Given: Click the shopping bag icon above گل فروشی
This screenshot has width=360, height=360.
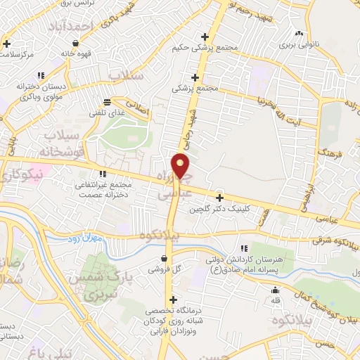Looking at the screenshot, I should [x=163, y=258].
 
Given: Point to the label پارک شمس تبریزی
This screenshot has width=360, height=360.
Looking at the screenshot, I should [x=108, y=284].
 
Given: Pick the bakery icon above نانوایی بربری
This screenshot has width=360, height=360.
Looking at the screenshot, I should [x=300, y=33].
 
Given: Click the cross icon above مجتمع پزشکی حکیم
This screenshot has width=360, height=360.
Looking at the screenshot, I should [x=205, y=37].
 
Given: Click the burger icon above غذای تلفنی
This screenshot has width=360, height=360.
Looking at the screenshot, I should [x=106, y=101].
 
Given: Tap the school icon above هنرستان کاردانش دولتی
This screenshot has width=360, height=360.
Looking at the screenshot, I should [x=245, y=248].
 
